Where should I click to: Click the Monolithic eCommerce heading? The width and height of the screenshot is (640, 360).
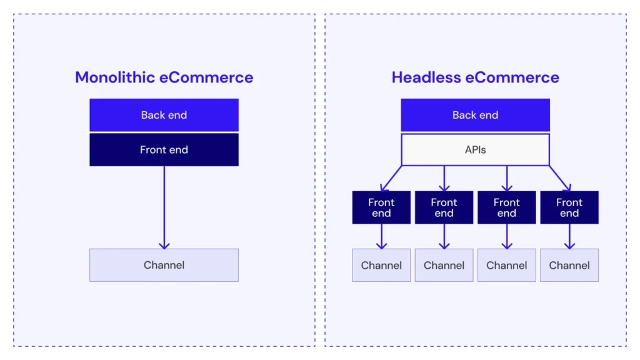(164, 77)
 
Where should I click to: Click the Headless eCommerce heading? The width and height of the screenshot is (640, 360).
(475, 77)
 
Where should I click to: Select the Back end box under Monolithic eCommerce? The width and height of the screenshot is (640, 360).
(164, 115)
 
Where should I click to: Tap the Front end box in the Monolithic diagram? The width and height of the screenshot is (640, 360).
(164, 150)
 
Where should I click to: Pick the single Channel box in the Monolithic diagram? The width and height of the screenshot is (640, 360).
(164, 265)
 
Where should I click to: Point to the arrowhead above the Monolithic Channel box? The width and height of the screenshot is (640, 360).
(164, 244)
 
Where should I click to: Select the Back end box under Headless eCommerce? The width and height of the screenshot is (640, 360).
(475, 115)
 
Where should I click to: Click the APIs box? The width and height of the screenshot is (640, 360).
(475, 150)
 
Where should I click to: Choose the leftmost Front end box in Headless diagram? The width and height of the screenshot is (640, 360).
(381, 207)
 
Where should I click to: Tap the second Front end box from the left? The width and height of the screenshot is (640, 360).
(444, 207)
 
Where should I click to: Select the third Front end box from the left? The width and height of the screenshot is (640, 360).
(507, 207)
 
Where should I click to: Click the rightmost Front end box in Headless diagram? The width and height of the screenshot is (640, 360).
(569, 207)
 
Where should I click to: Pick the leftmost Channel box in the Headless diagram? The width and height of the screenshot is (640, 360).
(381, 265)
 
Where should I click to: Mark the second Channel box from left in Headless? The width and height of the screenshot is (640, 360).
(444, 265)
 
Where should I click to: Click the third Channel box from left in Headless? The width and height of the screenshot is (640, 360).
(507, 265)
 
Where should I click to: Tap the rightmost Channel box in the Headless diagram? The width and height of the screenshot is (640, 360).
(569, 265)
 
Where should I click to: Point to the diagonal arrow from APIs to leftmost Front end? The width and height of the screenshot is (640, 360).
(391, 177)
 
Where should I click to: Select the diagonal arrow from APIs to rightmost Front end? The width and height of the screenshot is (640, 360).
(559, 177)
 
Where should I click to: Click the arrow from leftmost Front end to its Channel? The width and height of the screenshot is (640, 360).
(381, 236)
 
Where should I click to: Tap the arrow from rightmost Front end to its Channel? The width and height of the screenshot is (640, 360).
(569, 236)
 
